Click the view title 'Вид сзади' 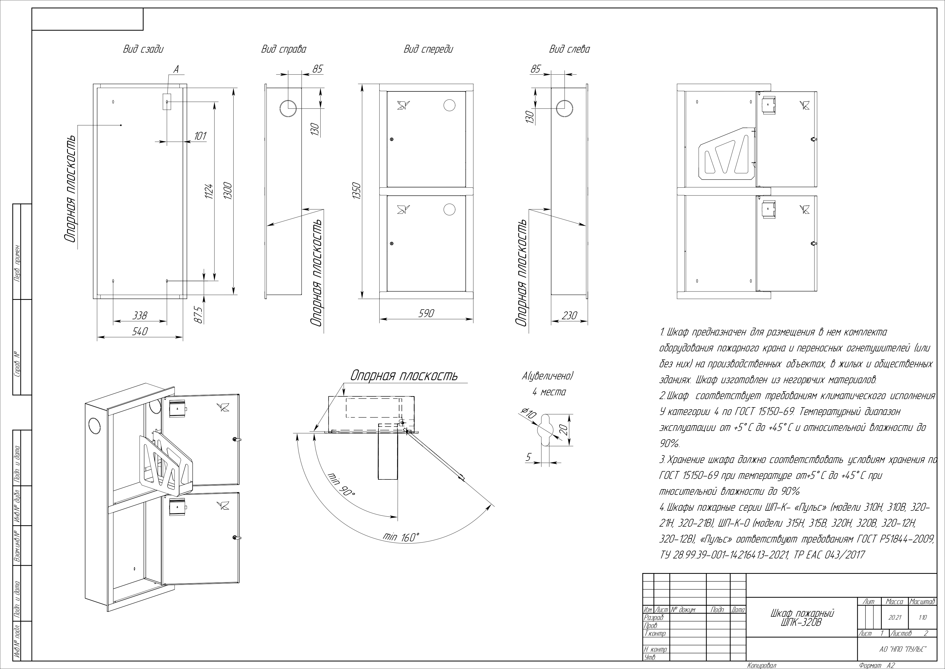tap(143, 49)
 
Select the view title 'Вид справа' tap(284, 49)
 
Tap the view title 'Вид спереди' tap(428, 49)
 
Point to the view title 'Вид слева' tap(569, 49)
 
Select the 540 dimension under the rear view tap(140, 331)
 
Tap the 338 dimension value tap(140, 315)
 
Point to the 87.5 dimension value tap(198, 315)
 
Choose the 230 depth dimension tap(569, 315)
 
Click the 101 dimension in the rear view tap(200, 136)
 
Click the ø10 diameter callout tap(529, 413)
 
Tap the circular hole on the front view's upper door tap(449, 105)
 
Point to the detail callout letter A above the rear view tap(176, 70)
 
